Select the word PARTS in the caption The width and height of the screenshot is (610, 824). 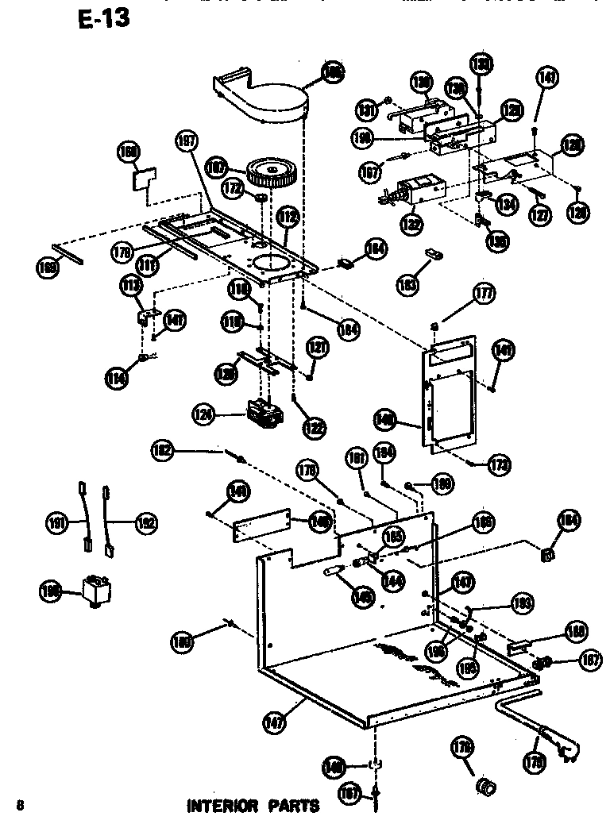[293, 807]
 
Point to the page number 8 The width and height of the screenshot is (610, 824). [19, 807]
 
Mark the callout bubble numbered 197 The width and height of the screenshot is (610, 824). [186, 143]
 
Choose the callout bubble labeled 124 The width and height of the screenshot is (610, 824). [205, 413]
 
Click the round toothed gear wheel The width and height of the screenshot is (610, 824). [270, 171]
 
